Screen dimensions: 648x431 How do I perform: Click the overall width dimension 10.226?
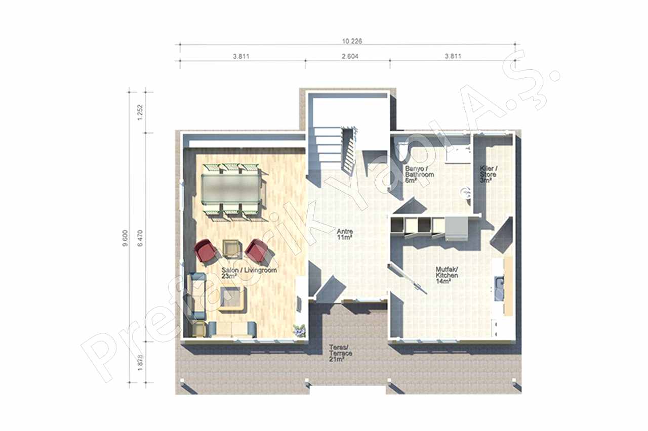pos(352,41)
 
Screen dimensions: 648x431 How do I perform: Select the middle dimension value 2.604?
pos(350,56)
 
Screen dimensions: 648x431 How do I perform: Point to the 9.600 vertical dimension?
pos(125,238)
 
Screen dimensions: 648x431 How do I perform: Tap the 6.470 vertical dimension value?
pos(141,238)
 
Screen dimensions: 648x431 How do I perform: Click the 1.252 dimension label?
pos(141,112)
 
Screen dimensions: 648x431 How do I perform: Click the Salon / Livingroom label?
pos(249,273)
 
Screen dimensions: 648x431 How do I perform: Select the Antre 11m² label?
pos(345,234)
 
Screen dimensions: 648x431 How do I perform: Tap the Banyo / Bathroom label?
pos(419,175)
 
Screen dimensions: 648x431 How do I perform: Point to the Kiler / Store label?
pos(489,174)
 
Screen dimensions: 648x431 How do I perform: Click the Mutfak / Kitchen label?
pos(447,276)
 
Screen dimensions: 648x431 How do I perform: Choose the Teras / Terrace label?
pos(341,353)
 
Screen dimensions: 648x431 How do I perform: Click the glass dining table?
pos(230,190)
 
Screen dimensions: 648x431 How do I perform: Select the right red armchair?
pos(256,250)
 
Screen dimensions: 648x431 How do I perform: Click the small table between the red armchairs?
pos(232,249)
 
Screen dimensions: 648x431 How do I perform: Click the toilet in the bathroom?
pos(402,152)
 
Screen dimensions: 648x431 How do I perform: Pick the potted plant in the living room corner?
pos(299,330)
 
